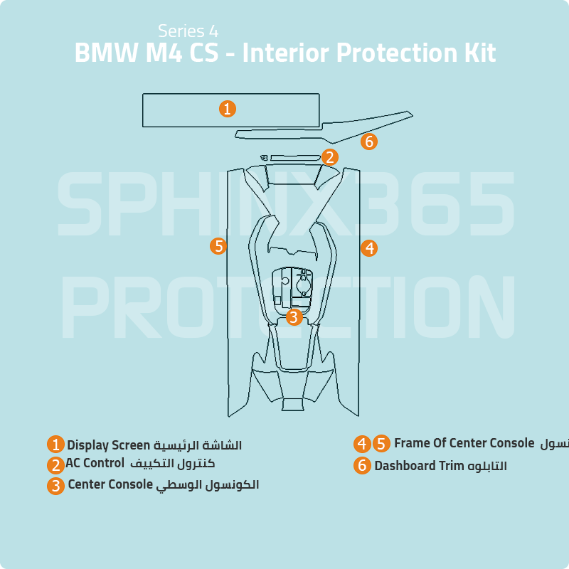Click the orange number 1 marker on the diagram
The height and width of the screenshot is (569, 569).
(227, 109)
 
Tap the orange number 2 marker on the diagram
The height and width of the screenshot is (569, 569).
(329, 157)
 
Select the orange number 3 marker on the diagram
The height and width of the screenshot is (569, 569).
(294, 317)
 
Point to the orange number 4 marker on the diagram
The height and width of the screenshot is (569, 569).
(368, 248)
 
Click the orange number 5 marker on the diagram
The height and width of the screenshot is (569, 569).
(218, 246)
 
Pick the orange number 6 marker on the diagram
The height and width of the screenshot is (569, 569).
(368, 142)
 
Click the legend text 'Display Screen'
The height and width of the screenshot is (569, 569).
(109, 445)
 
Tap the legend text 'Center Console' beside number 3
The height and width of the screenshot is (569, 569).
(110, 485)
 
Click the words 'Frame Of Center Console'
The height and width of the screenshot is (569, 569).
(464, 444)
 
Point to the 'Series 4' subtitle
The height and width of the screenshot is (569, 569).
(188, 31)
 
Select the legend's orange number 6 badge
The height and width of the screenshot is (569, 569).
(363, 466)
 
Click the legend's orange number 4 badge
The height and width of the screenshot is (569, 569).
(363, 444)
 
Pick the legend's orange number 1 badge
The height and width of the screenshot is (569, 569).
(56, 445)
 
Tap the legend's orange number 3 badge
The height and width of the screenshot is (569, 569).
(56, 486)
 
